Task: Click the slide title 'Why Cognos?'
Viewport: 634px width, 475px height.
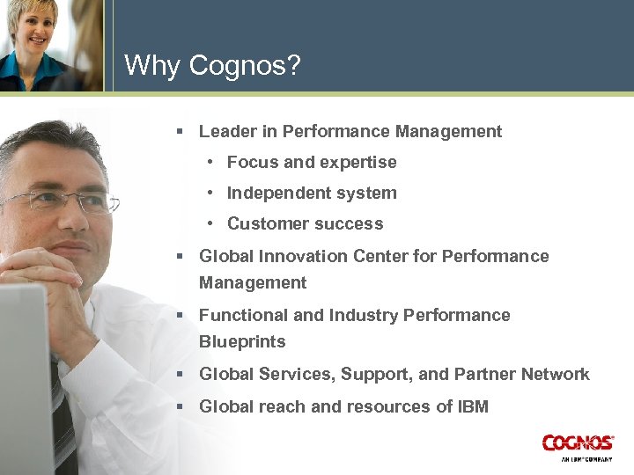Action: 212,65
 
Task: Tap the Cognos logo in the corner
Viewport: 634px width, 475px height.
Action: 577,444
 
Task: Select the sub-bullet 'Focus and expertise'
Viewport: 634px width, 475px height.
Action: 312,163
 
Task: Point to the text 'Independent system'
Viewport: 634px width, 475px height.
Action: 312,194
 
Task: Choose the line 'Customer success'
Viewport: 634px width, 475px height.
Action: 305,224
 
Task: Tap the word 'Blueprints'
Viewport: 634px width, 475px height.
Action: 242,341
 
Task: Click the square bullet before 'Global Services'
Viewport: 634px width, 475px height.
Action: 179,375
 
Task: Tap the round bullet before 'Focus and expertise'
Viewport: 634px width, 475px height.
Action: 211,163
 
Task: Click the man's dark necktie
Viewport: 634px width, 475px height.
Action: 63,422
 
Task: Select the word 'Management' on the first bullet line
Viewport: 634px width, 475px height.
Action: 448,132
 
